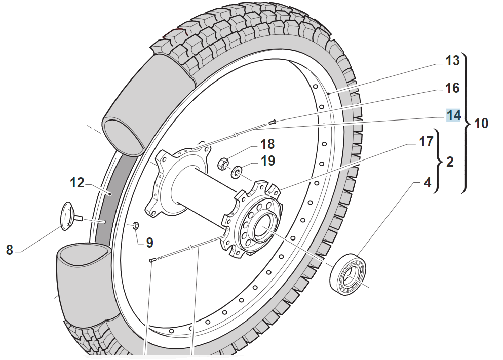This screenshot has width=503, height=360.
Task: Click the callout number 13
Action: coord(452,61)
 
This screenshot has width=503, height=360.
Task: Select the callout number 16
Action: coord(452,88)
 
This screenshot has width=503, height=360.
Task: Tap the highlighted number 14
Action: coord(453,115)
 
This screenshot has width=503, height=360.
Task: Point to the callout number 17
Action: coord(425,141)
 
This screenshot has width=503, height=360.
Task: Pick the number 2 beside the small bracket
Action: coord(449,162)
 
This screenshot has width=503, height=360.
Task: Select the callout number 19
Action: coord(268,161)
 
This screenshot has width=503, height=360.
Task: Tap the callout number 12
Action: coord(78,182)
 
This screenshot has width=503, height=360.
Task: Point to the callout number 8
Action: coord(9,249)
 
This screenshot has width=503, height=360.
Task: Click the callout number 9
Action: coord(149,243)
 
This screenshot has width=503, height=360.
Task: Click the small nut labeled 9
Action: coord(135,225)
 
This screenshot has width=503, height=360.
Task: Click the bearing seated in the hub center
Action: coord(262,226)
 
